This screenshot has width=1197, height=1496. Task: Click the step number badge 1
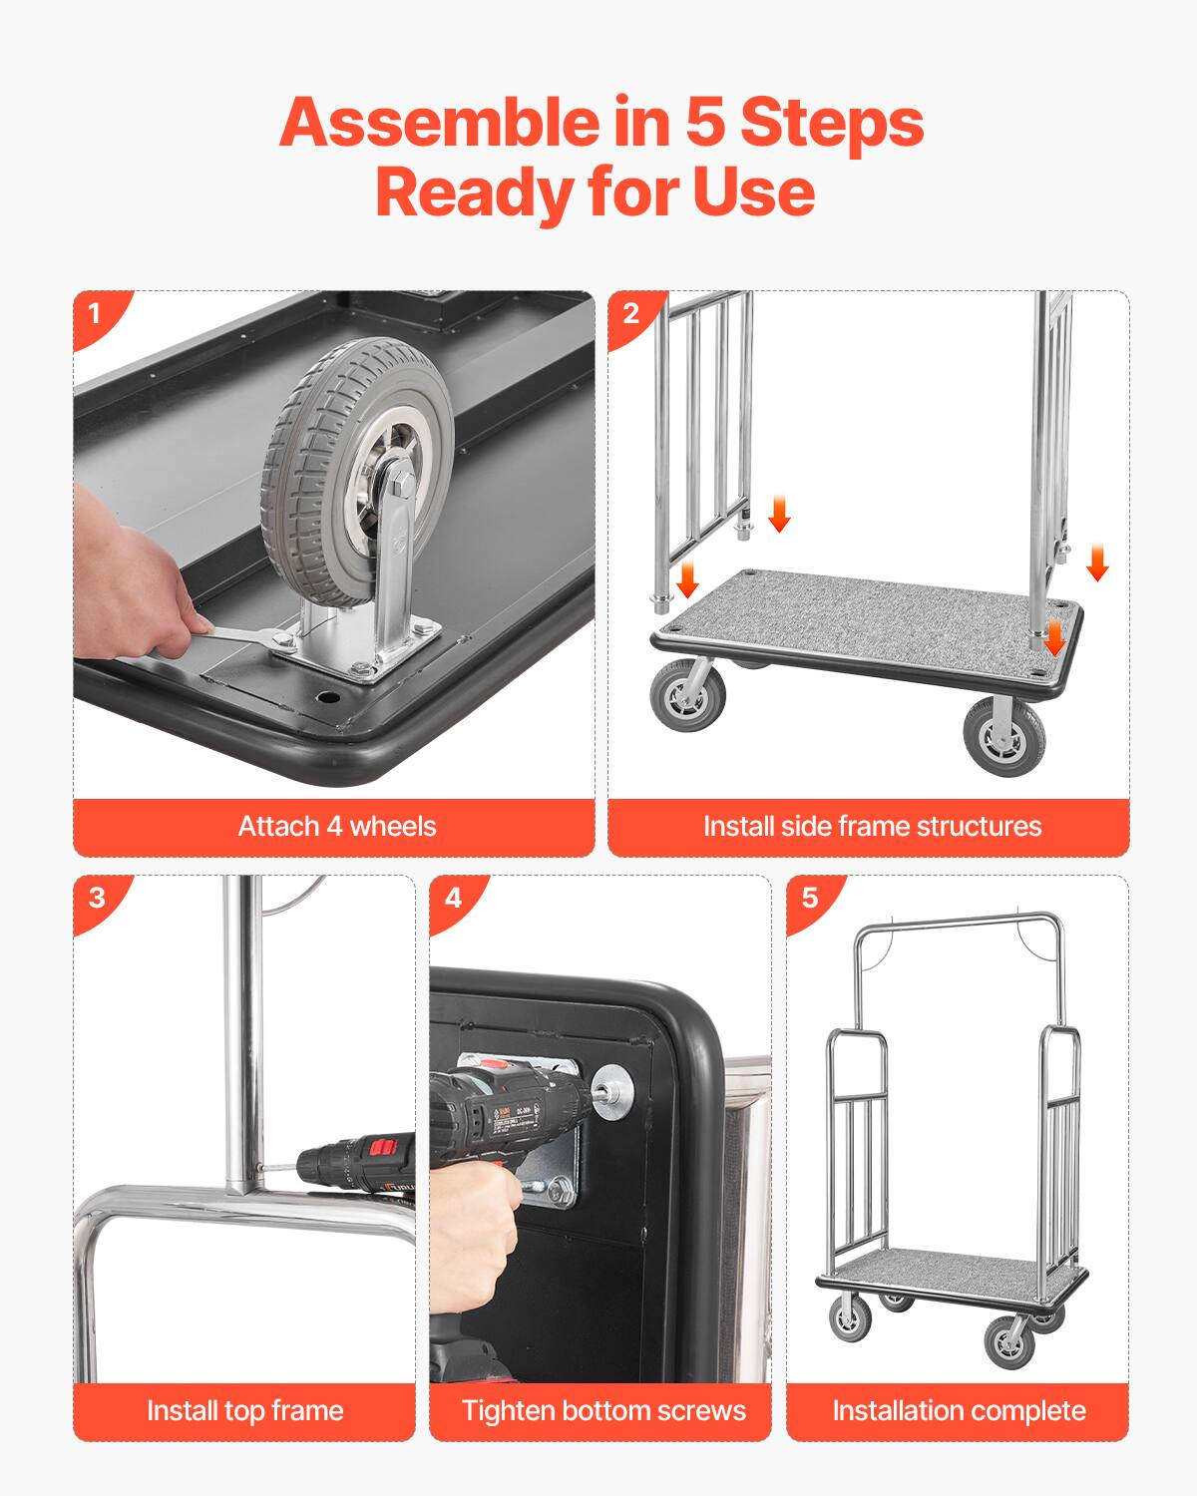95,314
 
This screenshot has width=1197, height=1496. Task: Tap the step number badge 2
630,314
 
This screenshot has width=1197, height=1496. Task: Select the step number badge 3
96,898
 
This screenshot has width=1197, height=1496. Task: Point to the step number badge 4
453,898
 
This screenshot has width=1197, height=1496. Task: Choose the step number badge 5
809,898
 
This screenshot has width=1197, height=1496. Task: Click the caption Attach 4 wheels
336,827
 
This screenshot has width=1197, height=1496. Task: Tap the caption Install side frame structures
871,827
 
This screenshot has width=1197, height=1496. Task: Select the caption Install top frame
244,1411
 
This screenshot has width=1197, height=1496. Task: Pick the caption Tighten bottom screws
602,1411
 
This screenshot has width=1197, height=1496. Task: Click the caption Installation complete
959,1411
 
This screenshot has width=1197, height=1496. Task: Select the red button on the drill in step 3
381,1147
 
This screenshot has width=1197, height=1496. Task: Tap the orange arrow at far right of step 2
1097,562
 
